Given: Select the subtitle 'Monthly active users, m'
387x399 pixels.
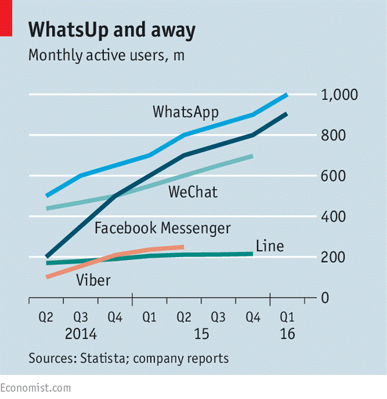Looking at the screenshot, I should pos(106,55).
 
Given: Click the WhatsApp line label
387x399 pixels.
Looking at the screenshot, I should pos(185,111).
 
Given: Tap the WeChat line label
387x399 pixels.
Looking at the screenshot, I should pos(193,193).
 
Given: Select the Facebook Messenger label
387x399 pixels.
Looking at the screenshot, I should pos(162,228).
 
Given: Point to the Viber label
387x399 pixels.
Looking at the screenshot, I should pos(93,280).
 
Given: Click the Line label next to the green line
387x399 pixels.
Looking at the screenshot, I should pos(270,246).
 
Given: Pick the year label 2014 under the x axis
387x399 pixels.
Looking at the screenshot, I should pos(80,333).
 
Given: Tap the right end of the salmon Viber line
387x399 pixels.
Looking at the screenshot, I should pos(182,247).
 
